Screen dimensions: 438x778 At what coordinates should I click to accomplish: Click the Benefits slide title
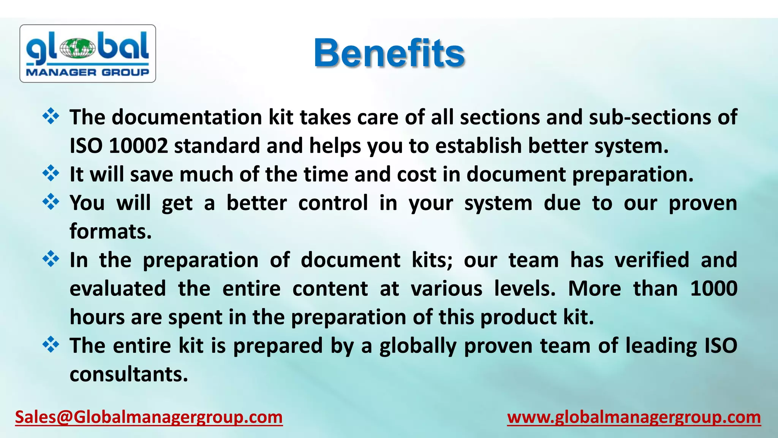tap(389, 53)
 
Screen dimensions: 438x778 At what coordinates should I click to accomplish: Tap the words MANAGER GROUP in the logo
tap(87, 72)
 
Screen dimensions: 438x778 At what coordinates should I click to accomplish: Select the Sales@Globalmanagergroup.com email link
tap(149, 417)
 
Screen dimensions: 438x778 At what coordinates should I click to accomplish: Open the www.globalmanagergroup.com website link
tap(634, 417)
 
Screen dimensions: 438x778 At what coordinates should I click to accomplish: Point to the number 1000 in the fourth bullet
tap(713, 289)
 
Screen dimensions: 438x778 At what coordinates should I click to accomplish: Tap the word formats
tap(111, 232)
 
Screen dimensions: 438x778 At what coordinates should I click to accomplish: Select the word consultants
tap(129, 375)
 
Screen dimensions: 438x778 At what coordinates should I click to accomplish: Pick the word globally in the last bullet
tap(418, 346)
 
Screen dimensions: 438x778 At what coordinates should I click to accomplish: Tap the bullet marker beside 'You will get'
tap(51, 202)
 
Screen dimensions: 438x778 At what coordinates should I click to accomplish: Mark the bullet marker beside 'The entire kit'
tap(51, 345)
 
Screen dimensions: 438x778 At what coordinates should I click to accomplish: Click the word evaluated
tap(118, 289)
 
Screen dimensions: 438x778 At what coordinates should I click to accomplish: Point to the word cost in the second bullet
tap(416, 175)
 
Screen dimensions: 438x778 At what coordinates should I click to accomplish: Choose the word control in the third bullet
tap(333, 203)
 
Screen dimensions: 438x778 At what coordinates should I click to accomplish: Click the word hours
tap(97, 317)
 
